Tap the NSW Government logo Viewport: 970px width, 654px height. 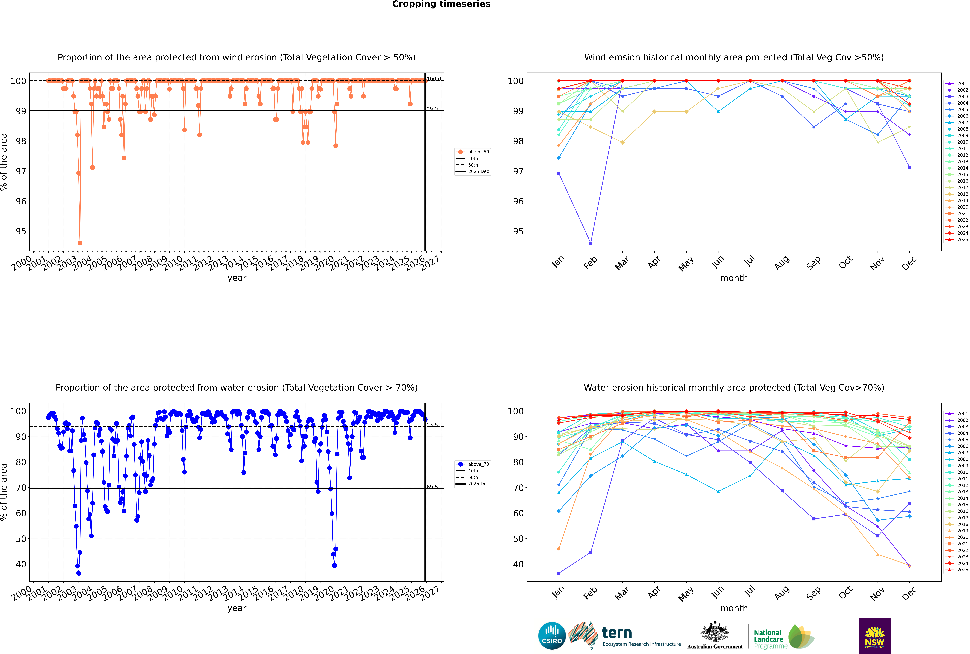point(874,635)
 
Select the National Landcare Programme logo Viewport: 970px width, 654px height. point(784,637)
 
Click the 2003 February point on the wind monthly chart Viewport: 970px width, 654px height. point(591,243)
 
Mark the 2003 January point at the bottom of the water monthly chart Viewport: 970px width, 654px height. point(559,573)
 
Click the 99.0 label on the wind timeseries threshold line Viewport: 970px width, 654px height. point(432,109)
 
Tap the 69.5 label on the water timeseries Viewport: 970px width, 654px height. point(432,487)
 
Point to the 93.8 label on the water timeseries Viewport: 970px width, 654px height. point(432,425)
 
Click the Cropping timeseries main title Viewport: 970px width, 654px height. point(441,4)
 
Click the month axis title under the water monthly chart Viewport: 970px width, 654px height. point(734,608)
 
